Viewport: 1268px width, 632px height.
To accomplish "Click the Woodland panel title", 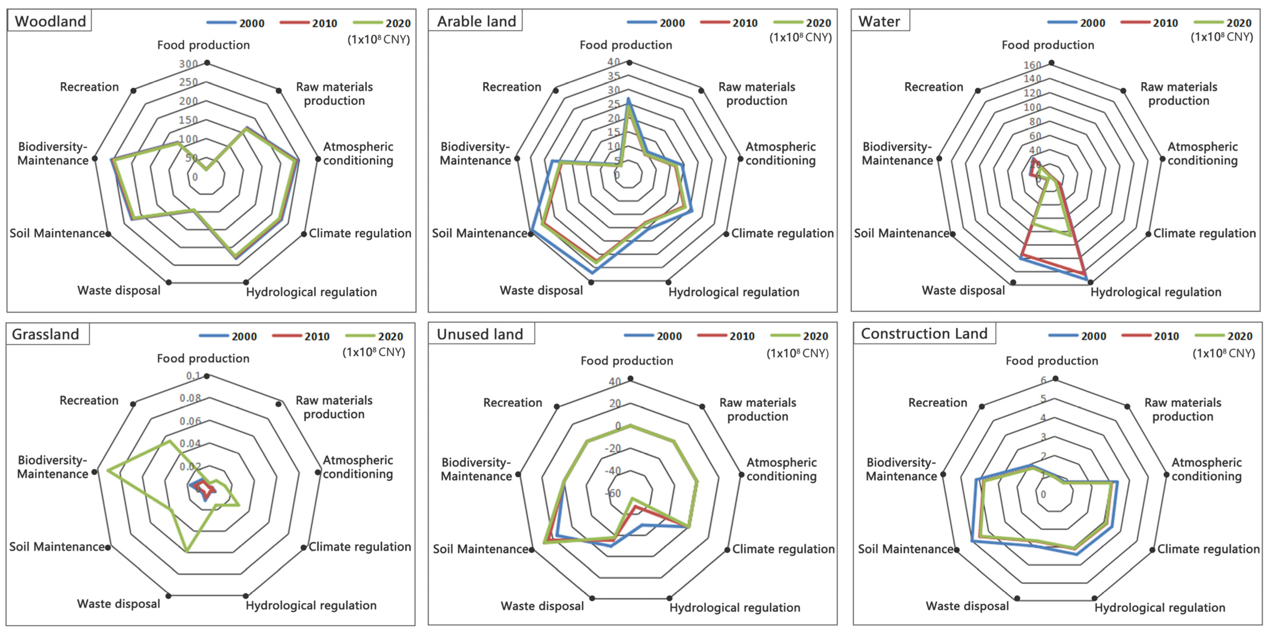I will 50,21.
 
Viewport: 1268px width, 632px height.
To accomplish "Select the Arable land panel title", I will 476,21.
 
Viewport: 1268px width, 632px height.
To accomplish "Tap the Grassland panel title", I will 45,334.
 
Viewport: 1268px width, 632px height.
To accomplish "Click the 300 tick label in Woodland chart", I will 188,64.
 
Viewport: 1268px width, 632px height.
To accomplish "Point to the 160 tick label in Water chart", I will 1032,65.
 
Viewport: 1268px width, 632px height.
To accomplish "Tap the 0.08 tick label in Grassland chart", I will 190,398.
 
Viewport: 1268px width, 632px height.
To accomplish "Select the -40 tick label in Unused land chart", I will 613,471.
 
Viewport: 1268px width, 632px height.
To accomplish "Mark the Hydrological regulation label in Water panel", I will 1156,292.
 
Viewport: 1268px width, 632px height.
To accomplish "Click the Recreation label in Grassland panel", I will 89,400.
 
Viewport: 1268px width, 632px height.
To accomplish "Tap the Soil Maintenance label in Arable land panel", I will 479,233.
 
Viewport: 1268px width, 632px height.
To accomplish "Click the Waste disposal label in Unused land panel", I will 542,606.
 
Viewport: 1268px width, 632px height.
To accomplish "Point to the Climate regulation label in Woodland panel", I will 360,233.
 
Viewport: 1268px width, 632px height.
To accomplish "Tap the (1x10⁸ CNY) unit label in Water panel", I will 1222,37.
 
